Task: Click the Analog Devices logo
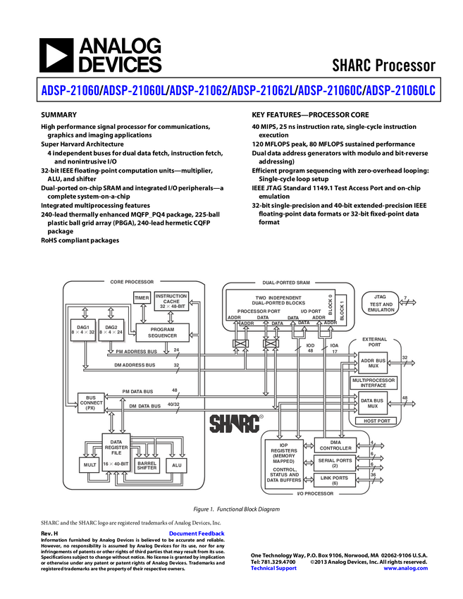100,56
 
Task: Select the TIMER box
142,298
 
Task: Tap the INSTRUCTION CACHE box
171,302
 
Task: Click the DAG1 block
83,331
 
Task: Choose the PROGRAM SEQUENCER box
162,332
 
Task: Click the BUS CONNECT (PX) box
90,402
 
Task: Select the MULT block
89,465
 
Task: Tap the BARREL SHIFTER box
147,465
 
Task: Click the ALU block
175,465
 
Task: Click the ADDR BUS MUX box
374,364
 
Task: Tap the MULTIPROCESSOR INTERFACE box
374,383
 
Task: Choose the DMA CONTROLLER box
336,445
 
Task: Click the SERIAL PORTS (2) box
336,463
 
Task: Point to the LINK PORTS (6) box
336,481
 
